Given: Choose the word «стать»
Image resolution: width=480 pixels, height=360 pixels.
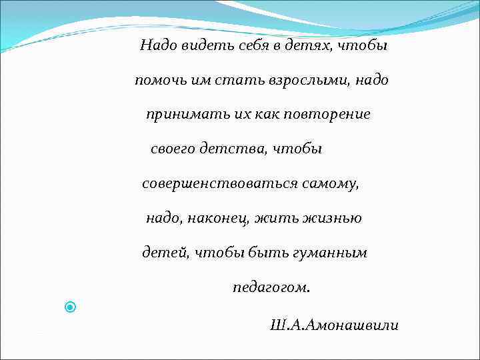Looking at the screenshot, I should point(239,81).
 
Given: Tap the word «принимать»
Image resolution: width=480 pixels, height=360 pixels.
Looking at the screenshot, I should point(179,115).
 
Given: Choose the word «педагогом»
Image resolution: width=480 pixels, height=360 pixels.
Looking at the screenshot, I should point(271,288).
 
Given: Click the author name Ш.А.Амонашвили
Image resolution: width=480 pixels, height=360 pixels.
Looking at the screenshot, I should point(335,325).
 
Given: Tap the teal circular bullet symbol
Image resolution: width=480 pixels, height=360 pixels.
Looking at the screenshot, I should point(71,307).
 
